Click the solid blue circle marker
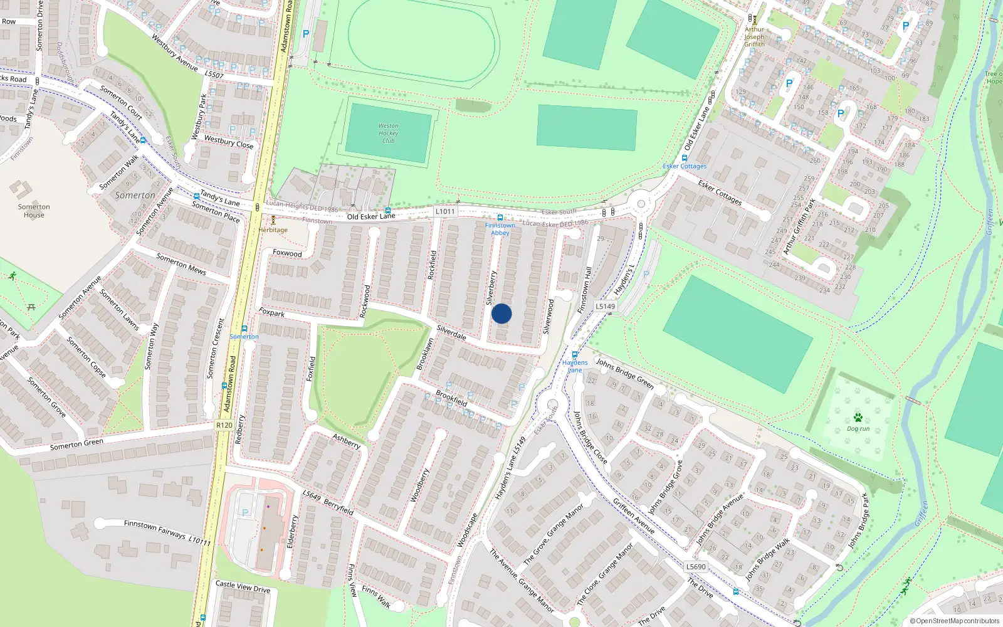(x=501, y=313)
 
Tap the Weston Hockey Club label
(x=388, y=133)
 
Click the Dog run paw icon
(x=858, y=418)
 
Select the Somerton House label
(x=34, y=211)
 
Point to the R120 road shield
(x=224, y=425)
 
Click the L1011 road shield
(x=445, y=211)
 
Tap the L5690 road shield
(x=696, y=566)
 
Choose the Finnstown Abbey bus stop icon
(x=500, y=218)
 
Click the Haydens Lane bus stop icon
(x=574, y=354)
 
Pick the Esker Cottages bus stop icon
(x=684, y=158)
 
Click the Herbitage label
(x=273, y=229)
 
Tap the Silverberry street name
(x=491, y=288)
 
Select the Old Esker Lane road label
(x=371, y=216)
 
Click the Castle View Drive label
(x=243, y=587)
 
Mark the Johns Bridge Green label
(x=624, y=374)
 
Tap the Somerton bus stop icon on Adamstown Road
(x=244, y=329)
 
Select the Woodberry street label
(x=419, y=485)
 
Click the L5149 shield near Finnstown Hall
(x=605, y=307)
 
